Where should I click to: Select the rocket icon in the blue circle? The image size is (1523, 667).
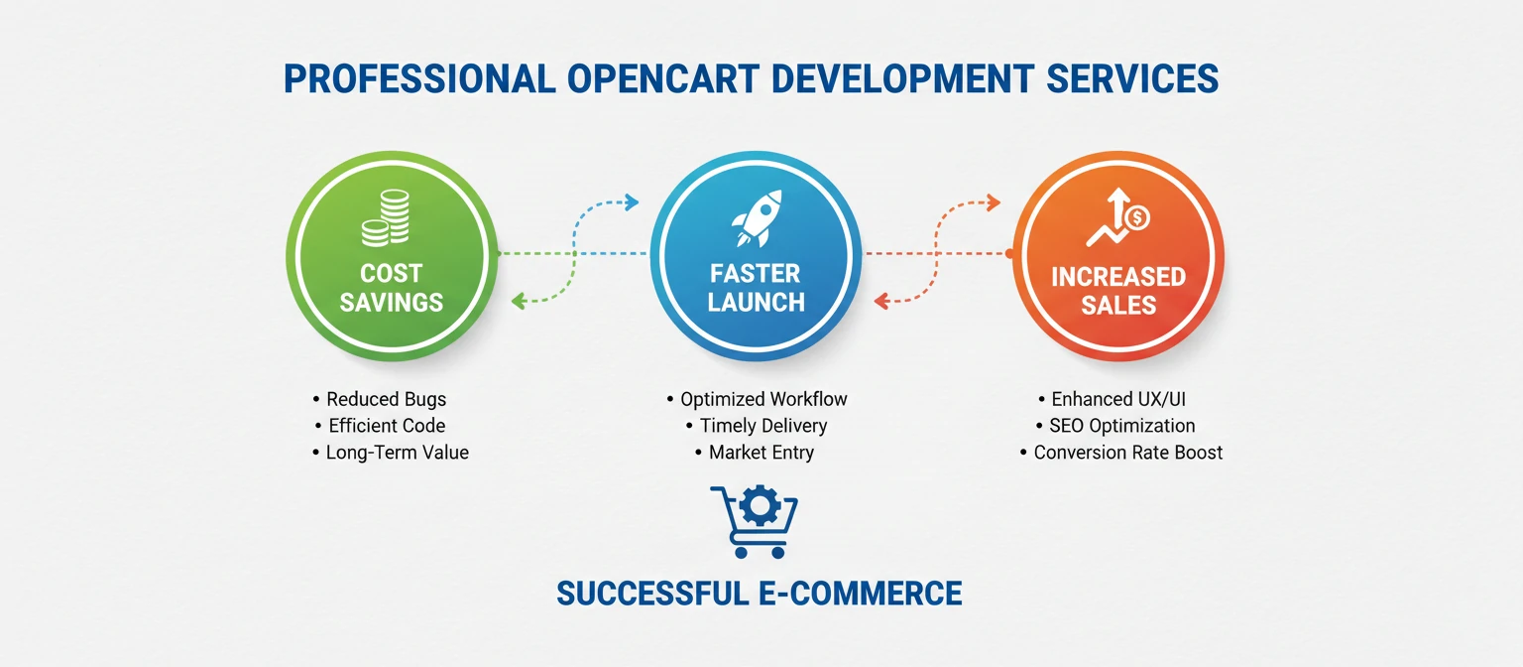pyautogui.click(x=756, y=218)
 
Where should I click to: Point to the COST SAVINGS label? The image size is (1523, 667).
pyautogui.click(x=391, y=288)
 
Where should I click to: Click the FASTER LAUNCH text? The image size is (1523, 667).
pyautogui.click(x=756, y=288)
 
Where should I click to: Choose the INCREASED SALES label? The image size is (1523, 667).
pyautogui.click(x=1118, y=290)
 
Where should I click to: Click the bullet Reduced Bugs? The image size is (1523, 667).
pyautogui.click(x=386, y=399)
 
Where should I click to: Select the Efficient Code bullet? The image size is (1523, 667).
pyautogui.click(x=387, y=426)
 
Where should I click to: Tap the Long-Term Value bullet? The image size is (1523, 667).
pyautogui.click(x=397, y=453)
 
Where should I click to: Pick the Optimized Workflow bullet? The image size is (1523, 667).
pyautogui.click(x=763, y=399)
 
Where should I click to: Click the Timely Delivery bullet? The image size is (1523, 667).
pyautogui.click(x=763, y=426)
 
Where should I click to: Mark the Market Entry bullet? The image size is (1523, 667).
pyautogui.click(x=761, y=453)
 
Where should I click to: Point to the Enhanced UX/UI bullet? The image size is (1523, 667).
pyautogui.click(x=1118, y=399)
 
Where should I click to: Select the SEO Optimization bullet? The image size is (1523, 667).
pyautogui.click(x=1121, y=426)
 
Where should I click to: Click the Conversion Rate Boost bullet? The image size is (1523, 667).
pyautogui.click(x=1127, y=453)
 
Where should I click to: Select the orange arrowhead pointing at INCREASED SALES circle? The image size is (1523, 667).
pyautogui.click(x=993, y=204)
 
